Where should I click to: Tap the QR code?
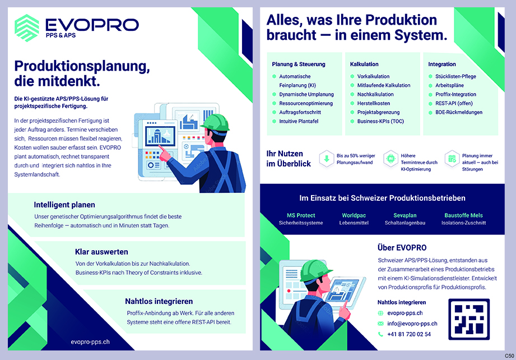(x=469, y=319)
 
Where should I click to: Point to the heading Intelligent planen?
(x=64, y=205)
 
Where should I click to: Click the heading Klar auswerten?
(x=101, y=252)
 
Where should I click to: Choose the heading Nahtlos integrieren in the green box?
(x=159, y=301)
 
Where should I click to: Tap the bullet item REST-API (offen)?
(x=454, y=103)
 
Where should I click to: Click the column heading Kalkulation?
(x=364, y=64)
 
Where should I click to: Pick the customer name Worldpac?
(x=354, y=215)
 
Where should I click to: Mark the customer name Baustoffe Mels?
(x=463, y=215)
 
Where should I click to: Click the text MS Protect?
(x=301, y=215)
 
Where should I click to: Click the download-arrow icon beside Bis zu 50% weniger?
(x=327, y=159)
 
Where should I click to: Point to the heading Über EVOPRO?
(x=402, y=247)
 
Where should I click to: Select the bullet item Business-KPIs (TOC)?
(x=380, y=121)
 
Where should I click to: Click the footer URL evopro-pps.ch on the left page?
(x=90, y=341)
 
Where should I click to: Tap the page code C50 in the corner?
(x=508, y=356)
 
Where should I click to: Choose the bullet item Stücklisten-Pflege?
(x=455, y=76)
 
